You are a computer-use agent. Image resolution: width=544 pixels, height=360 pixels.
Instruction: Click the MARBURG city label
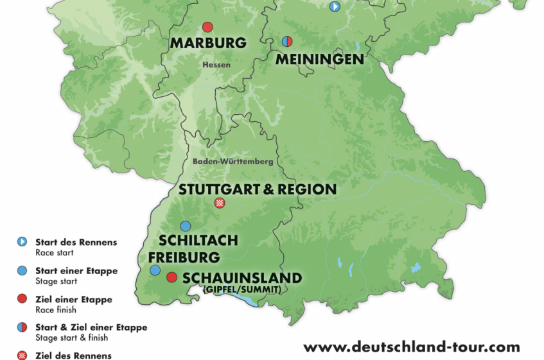pos(208,44)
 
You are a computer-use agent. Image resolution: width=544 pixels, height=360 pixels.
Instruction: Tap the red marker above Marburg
pos(207,27)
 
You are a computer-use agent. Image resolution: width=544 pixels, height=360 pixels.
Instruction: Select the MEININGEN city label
pos(320,59)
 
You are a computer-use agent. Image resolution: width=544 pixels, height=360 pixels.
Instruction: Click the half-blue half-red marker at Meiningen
pos(287,42)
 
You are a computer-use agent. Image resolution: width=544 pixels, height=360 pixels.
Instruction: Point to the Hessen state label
pos(216,65)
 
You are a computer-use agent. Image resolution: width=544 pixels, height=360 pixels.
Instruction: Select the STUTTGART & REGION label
pos(257,189)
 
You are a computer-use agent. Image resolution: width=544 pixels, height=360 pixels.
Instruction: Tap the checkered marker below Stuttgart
pos(220,203)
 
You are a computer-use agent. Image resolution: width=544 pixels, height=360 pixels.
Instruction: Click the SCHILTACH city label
pos(198,241)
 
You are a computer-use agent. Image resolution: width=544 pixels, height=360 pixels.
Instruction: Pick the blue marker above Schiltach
pos(186,226)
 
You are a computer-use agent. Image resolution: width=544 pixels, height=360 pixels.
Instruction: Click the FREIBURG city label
pos(184,257)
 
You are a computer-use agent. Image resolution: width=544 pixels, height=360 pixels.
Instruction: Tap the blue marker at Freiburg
pos(155,270)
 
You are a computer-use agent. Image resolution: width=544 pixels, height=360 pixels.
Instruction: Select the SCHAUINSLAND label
pos(242,278)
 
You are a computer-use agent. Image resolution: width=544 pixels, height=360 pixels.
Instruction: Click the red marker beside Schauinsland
pos(171,277)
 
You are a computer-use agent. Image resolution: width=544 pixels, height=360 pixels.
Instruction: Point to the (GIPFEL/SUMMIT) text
pos(241,290)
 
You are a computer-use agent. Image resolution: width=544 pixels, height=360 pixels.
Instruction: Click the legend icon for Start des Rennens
pos(22,242)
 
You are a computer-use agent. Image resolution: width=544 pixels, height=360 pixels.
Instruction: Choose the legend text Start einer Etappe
pos(76,271)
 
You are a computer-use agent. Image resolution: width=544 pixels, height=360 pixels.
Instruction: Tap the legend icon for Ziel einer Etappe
pos(22,299)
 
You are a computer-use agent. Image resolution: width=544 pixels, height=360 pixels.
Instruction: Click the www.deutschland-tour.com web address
pos(411,347)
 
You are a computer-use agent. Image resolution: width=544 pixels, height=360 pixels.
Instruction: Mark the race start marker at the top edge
pos(335,6)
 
